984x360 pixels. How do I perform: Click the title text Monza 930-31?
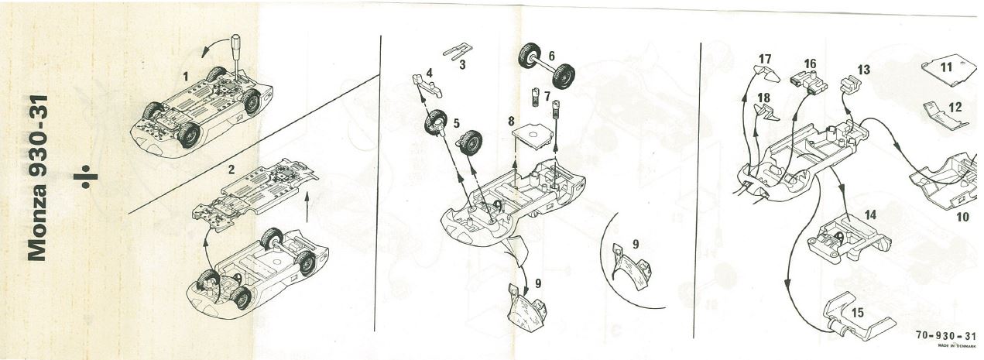click(x=37, y=178)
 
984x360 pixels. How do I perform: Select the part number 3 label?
click(x=462, y=65)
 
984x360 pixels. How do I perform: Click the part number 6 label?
click(x=551, y=56)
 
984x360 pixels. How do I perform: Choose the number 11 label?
click(x=946, y=67)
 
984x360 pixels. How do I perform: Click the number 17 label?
click(x=765, y=59)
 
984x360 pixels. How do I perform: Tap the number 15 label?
click(x=858, y=313)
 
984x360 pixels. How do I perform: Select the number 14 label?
click(x=870, y=214)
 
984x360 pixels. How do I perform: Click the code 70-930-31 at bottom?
click(x=946, y=336)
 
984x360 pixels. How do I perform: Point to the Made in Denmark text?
click(x=956, y=346)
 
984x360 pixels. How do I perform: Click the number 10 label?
click(x=962, y=217)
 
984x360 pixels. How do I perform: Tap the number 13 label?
click(x=863, y=70)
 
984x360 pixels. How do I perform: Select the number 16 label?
click(x=810, y=64)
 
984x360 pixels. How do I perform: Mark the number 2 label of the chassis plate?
click(x=231, y=170)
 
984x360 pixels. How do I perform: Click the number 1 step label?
click(x=186, y=77)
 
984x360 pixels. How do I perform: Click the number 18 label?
click(x=764, y=98)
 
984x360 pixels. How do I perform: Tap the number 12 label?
click(x=955, y=107)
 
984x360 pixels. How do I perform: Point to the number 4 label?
click(x=429, y=73)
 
